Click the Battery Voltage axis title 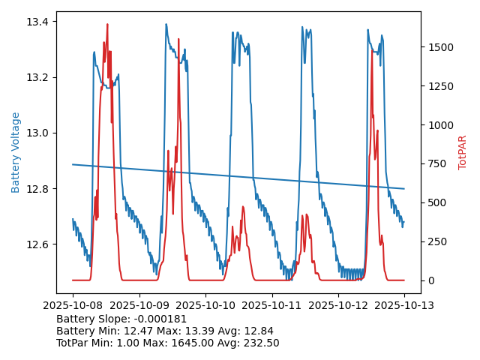16,152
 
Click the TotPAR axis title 462,152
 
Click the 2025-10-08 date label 73,305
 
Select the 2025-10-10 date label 205,305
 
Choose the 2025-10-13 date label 404,305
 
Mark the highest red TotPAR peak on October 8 107,25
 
